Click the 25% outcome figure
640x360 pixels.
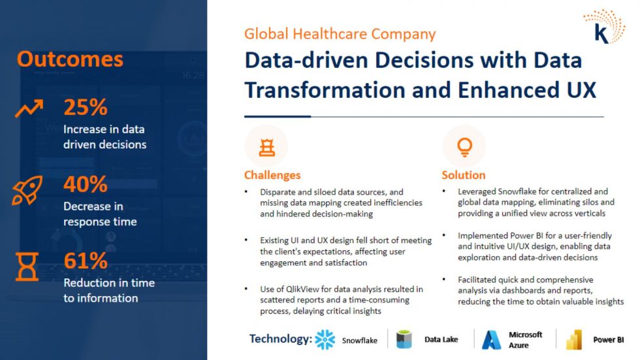[86, 107]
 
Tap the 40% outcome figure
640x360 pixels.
[86, 184]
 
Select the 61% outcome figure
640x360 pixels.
[86, 261]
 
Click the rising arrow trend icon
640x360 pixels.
[29, 108]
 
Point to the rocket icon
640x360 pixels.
[27, 190]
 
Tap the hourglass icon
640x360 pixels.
[27, 267]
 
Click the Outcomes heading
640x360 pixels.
[70, 59]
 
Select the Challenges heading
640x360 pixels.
[272, 175]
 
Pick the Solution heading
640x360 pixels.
[464, 175]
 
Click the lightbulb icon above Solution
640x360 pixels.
[464, 147]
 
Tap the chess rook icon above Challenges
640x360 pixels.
[267, 148]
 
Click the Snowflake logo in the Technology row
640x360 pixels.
[325, 340]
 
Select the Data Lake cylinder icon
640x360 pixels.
[404, 339]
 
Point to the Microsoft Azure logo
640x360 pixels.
[491, 340]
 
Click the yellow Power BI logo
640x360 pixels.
[574, 340]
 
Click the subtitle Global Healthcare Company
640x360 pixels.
[340, 34]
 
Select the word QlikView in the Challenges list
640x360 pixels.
[302, 289]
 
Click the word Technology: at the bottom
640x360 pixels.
[281, 339]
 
